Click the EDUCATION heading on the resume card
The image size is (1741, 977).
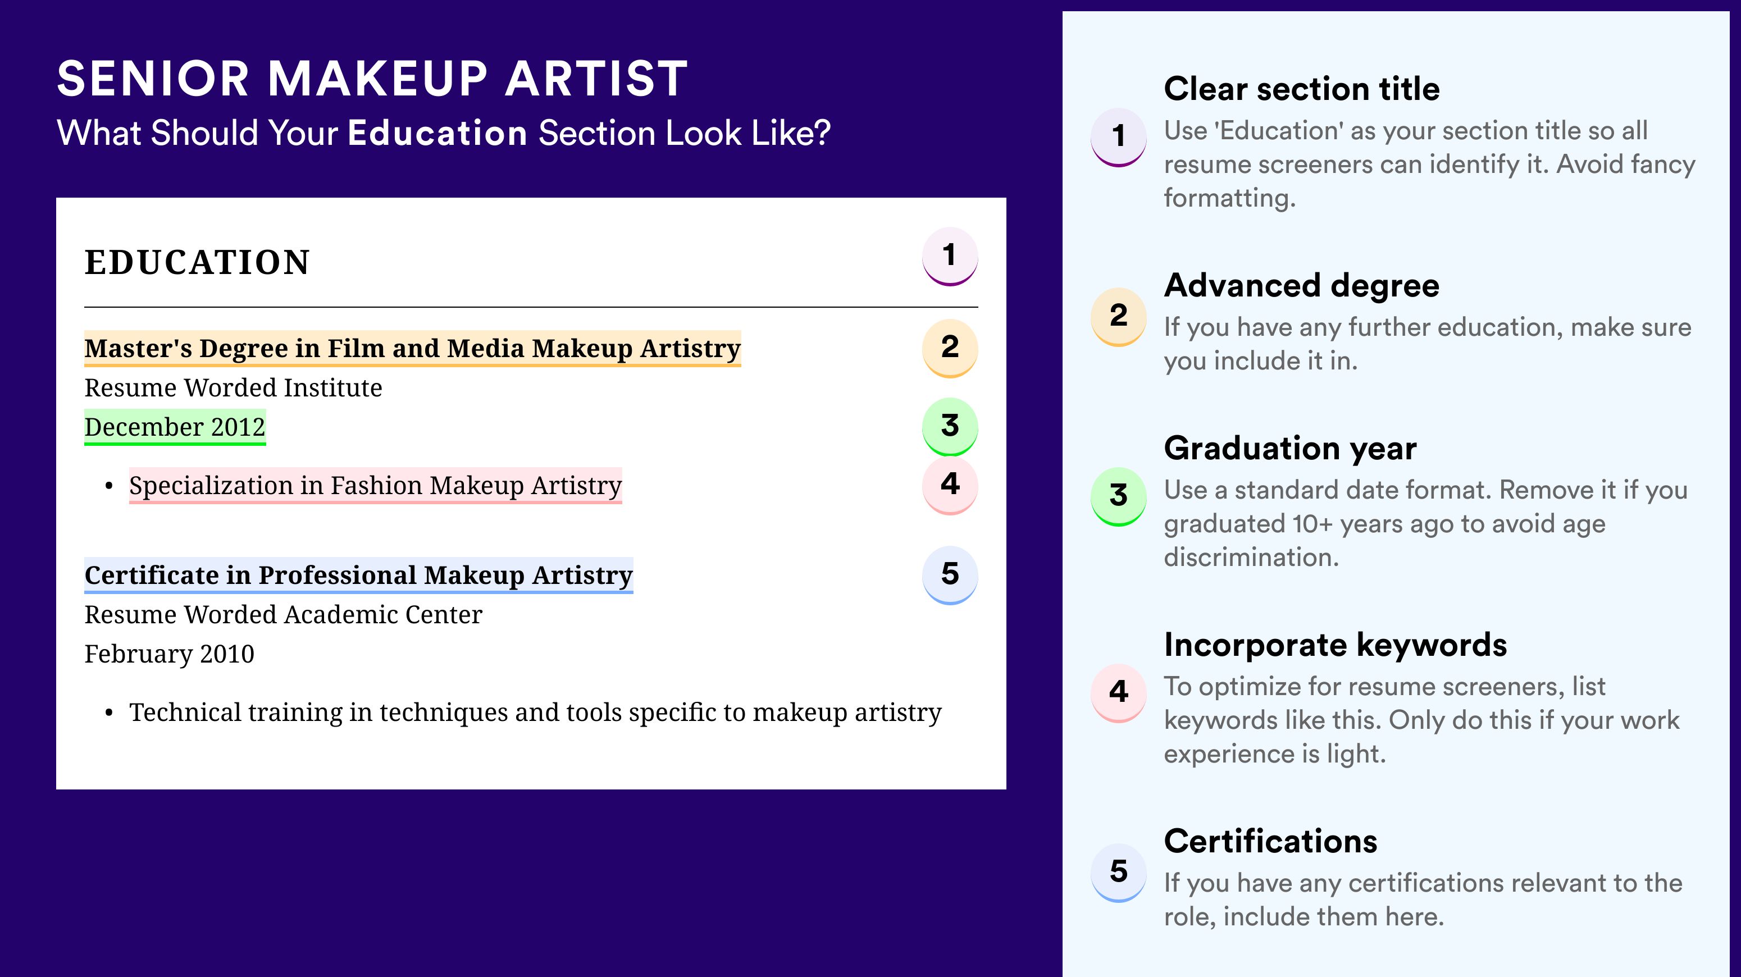pyautogui.click(x=197, y=262)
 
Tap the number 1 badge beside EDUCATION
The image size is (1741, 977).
pyautogui.click(x=950, y=256)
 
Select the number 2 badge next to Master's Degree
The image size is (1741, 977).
pyautogui.click(x=950, y=348)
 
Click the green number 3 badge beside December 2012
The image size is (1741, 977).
pyautogui.click(x=950, y=426)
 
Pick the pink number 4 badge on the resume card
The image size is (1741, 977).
pyautogui.click(x=950, y=485)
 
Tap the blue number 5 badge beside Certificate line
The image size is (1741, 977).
pyautogui.click(x=950, y=575)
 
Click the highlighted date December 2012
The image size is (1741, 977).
pyautogui.click(x=175, y=427)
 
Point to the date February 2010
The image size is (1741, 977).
pyautogui.click(x=170, y=654)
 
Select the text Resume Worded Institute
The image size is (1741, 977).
pyautogui.click(x=233, y=388)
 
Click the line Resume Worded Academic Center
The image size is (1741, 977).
pyautogui.click(x=283, y=615)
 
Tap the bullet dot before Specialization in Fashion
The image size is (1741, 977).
pyautogui.click(x=109, y=486)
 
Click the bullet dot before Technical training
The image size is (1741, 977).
pyautogui.click(x=109, y=714)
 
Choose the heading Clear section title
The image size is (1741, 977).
pyautogui.click(x=1302, y=89)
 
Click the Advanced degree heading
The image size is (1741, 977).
pyautogui.click(x=1302, y=286)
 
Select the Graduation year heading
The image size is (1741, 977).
pyautogui.click(x=1290, y=448)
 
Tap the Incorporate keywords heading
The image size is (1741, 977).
pyautogui.click(x=1336, y=645)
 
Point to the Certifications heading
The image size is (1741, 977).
pyautogui.click(x=1270, y=841)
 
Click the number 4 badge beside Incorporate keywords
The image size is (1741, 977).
pyautogui.click(x=1119, y=692)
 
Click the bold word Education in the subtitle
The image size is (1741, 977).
pyautogui.click(x=437, y=133)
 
